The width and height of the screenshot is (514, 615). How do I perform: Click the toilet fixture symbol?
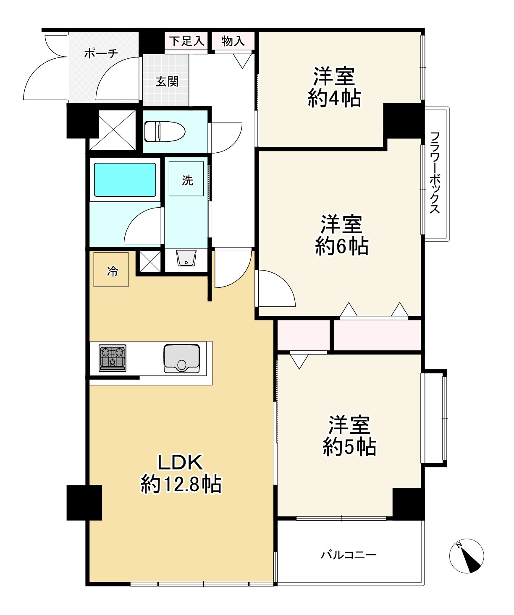pyautogui.click(x=165, y=131)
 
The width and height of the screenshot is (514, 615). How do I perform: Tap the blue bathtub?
pyautogui.click(x=125, y=180)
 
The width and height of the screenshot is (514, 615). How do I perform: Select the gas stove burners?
pyautogui.click(x=113, y=358)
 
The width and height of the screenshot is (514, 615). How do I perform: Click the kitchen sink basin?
pyautogui.click(x=182, y=358)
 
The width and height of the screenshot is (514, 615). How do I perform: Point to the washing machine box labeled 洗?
pyautogui.click(x=186, y=179)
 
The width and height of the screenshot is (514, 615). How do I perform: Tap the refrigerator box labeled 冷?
pyautogui.click(x=111, y=269)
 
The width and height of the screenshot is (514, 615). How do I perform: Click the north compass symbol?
pyautogui.click(x=467, y=556)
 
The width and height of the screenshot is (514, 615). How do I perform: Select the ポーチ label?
pyautogui.click(x=101, y=53)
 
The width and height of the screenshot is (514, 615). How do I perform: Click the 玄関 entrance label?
pyautogui.click(x=167, y=81)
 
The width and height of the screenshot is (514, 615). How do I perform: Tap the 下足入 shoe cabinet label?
pyautogui.click(x=187, y=41)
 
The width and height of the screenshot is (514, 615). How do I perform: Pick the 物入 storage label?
pyautogui.click(x=233, y=41)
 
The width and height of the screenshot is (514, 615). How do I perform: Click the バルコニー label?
pyautogui.click(x=349, y=555)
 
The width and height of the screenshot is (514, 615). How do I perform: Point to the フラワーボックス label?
pyautogui.click(x=435, y=172)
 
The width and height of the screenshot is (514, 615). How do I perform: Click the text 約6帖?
pyautogui.click(x=341, y=246)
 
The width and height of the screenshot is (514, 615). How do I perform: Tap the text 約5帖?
pyautogui.click(x=349, y=447)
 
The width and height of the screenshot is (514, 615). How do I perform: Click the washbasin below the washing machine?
pyautogui.click(x=186, y=258)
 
